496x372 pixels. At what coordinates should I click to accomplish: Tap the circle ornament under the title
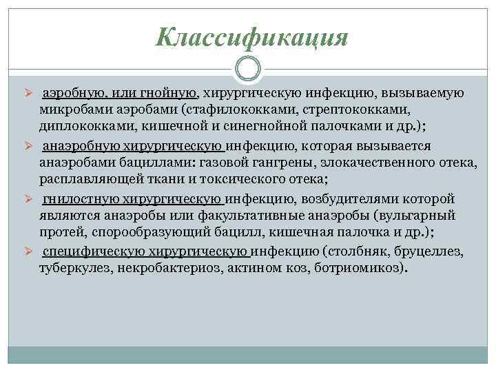click(x=248, y=69)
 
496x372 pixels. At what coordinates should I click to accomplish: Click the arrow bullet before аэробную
click(x=29, y=93)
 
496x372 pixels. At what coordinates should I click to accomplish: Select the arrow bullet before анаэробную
click(x=29, y=146)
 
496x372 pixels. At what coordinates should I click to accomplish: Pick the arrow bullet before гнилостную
click(x=29, y=199)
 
